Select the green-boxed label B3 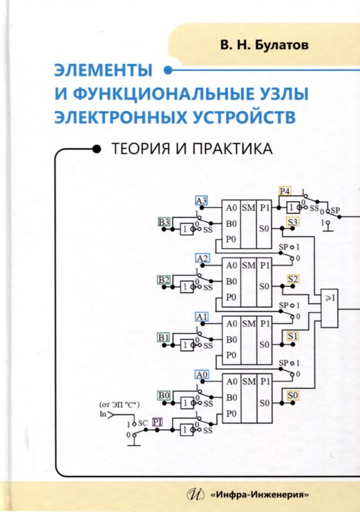164,222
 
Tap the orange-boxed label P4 284,191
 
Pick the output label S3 293,222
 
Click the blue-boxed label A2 202,258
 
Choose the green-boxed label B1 164,337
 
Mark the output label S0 293,394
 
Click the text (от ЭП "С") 119,404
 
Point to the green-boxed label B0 164,395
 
